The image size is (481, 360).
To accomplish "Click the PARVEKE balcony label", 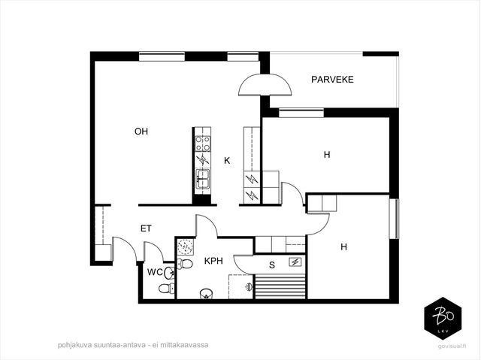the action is coord(332,80).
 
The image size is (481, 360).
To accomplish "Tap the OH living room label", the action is coord(141,132).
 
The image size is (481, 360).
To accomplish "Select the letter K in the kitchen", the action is coord(227,160).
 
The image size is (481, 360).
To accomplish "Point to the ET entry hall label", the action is coord(146,228).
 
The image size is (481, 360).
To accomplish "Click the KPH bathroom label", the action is coord(213,261).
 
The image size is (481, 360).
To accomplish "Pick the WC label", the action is coord(155,272).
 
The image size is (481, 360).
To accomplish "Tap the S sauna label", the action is coord(272,265).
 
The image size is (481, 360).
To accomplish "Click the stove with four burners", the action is coord(203,144).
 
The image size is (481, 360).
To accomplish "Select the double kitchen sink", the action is coord(203,178).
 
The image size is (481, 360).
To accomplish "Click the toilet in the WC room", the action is coord(166,289).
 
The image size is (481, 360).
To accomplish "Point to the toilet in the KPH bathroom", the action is coord(185,264).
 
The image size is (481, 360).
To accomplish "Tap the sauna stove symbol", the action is coord(295,262).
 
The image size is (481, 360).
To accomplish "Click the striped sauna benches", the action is coord(280,286).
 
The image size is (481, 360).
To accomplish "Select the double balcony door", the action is coord(265,85).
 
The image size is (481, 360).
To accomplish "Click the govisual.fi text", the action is coord(452,346).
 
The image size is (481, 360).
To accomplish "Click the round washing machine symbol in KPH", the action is coord(186,247).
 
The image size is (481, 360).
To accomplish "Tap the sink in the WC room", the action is coord(169,273).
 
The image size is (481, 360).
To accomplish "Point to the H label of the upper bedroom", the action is coord(327,155).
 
